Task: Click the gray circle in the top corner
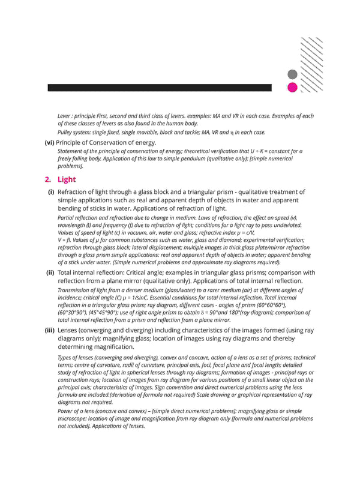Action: tap(293, 75)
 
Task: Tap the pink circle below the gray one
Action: tap(293, 88)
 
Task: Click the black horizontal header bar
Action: tap(160, 88)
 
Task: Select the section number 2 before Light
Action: tap(47, 179)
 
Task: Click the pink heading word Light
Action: tap(67, 179)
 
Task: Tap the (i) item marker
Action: tap(51, 192)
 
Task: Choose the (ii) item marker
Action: tap(50, 272)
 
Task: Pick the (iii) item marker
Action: tap(49, 330)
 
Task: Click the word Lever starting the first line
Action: tap(65, 116)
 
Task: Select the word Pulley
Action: tap(67, 132)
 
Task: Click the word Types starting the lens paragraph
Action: tap(65, 357)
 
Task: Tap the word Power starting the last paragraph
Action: tap(66, 411)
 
